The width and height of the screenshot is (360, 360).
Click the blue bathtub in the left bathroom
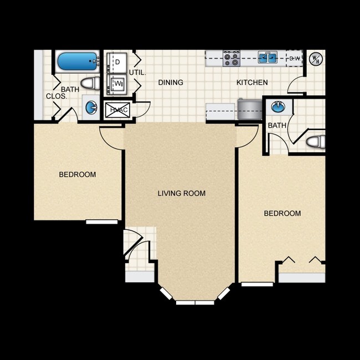[x=77, y=61]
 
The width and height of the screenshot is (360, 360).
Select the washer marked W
[x=118, y=84]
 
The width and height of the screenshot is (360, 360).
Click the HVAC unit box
[x=117, y=109]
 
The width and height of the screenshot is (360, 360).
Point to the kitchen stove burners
[x=231, y=57]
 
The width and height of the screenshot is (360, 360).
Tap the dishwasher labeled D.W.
[x=294, y=58]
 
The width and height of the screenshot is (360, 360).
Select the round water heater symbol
[x=315, y=58]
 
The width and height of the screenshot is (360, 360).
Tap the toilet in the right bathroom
[x=315, y=142]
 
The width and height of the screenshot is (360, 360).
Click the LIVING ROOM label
[x=181, y=193]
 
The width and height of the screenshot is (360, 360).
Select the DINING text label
[x=171, y=83]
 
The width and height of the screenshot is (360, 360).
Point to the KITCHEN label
[x=252, y=83]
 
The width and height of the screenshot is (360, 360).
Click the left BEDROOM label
[x=78, y=174]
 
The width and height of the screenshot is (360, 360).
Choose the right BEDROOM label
[x=282, y=213]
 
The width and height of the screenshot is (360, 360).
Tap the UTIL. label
[x=137, y=73]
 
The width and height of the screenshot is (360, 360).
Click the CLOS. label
[x=56, y=96]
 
